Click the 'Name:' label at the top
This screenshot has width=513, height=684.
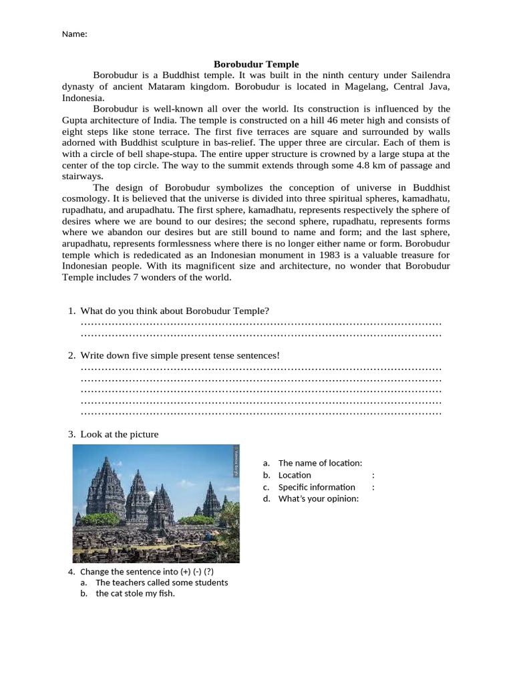pos(74,34)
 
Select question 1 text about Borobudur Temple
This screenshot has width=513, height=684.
pos(175,311)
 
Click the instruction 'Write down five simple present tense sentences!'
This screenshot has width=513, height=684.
pos(180,355)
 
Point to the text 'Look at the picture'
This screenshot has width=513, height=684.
pos(120,434)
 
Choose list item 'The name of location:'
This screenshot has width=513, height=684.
pos(320,463)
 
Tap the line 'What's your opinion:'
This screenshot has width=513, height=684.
pos(319,498)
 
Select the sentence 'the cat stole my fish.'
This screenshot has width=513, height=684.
pos(135,593)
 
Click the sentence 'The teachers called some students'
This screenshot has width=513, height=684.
pos(162,582)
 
